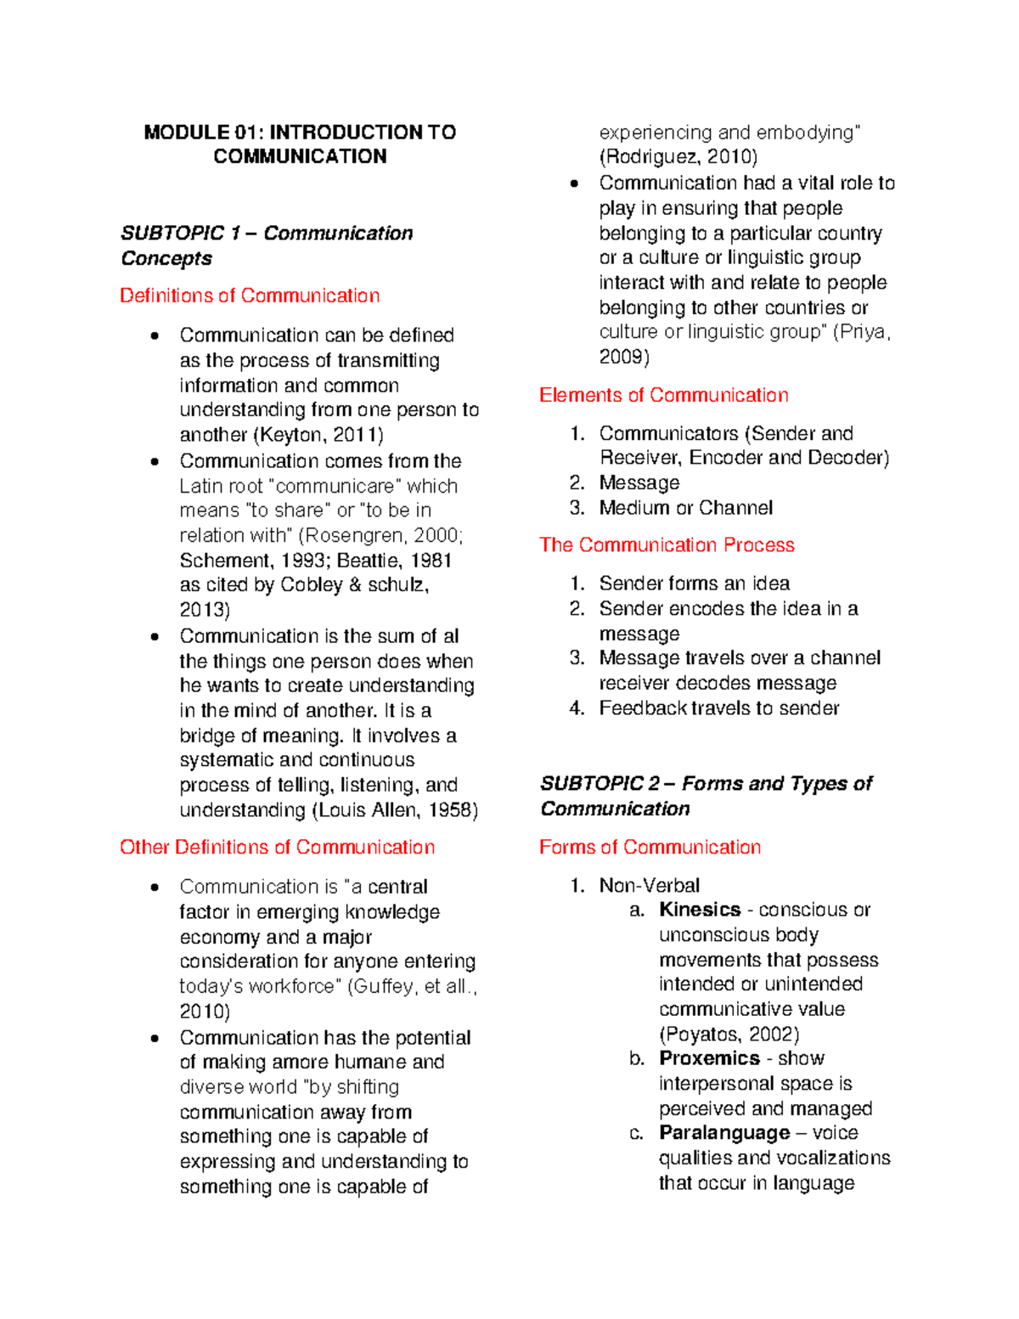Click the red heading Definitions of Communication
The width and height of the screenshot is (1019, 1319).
coord(250,296)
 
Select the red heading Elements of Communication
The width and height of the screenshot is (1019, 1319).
coord(663,395)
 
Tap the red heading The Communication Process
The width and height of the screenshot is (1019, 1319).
coord(667,544)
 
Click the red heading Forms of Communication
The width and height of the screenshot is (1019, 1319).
coord(650,847)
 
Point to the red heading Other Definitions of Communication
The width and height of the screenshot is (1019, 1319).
coord(277,847)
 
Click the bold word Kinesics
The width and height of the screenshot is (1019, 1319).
coord(700,910)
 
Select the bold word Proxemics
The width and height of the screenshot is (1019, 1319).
coord(709,1058)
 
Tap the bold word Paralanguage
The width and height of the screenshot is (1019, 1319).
coord(724,1133)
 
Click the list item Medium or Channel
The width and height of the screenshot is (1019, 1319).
coord(685,508)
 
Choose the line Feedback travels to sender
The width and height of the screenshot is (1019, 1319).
coord(718,708)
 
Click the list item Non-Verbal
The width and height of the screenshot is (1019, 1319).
coord(649,885)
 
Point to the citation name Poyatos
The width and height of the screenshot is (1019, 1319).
coord(703,1034)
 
